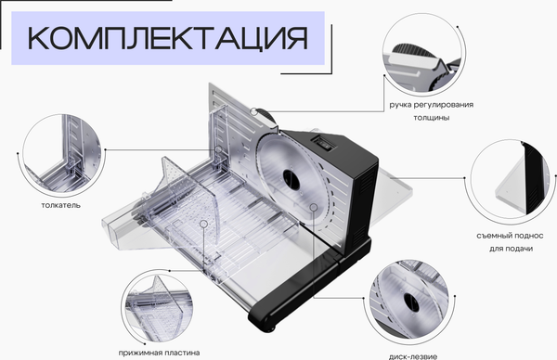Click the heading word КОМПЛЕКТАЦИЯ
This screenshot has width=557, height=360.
click(x=167, y=38)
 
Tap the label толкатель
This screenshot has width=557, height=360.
click(x=60, y=205)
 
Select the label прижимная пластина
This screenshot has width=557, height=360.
click(x=159, y=353)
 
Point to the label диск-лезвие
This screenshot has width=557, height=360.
click(x=413, y=356)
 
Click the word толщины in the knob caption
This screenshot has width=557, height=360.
click(x=432, y=118)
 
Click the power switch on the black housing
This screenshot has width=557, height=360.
click(x=323, y=144)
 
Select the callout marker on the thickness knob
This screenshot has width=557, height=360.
click(x=253, y=111)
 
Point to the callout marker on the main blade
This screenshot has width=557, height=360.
click(x=314, y=207)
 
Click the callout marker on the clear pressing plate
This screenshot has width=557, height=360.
click(x=203, y=224)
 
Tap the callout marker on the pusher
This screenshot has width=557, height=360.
click(x=218, y=149)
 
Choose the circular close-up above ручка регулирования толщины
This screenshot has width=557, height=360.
click(x=422, y=53)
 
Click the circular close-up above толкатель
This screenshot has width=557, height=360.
click(x=61, y=153)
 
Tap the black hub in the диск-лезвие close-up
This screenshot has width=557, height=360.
click(x=411, y=303)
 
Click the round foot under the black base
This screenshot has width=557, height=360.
click(x=271, y=328)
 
